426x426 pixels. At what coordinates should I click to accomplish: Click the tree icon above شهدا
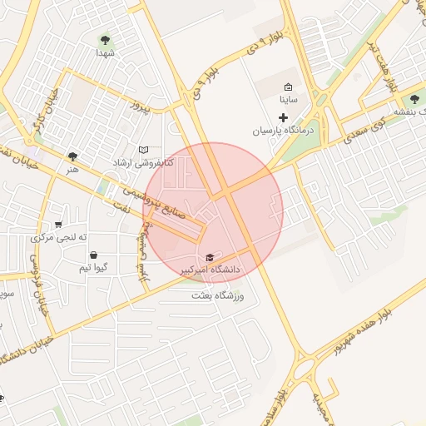tap(105, 39)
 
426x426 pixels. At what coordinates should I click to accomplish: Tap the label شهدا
tap(104, 52)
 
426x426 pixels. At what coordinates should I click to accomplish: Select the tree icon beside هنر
tap(74, 156)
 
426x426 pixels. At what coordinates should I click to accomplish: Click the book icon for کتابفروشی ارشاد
tap(143, 150)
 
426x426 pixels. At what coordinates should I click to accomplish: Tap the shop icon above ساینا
tap(288, 87)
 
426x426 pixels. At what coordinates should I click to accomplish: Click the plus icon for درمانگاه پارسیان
tap(284, 117)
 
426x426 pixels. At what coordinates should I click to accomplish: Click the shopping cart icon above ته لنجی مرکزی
tap(57, 224)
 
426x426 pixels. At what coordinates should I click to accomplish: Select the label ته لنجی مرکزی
tap(59, 237)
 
